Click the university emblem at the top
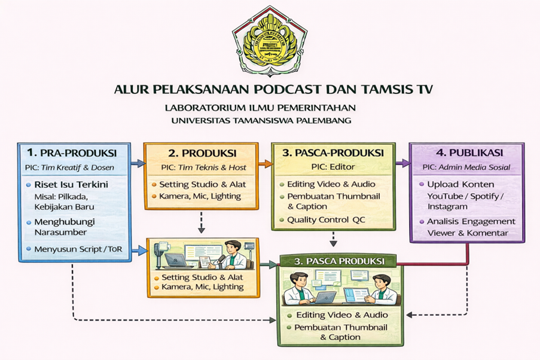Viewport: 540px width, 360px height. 270,41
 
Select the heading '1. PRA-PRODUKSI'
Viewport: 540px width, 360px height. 75,152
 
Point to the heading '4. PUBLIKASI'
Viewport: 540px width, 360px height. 466,152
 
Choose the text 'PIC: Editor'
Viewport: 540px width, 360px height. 332,167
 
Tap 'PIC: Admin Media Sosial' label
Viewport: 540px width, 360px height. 466,167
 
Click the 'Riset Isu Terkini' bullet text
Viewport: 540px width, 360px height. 71,184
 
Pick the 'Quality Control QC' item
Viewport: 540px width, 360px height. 327,219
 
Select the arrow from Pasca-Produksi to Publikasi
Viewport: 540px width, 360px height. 402,162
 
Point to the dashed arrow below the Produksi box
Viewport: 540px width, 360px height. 202,222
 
